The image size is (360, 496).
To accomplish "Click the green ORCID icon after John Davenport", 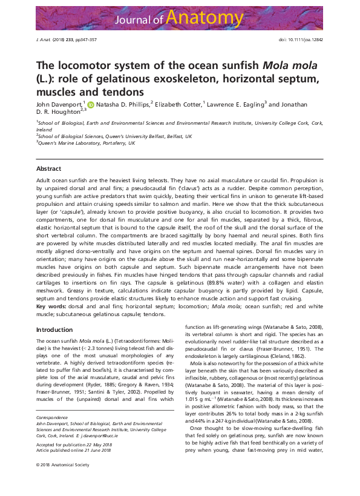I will click(91, 104).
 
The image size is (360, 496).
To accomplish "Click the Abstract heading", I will click(48, 168).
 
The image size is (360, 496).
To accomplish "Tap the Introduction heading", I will click(54, 329).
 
